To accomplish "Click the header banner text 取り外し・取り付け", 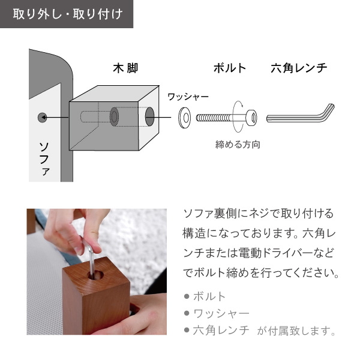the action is (x=68, y=14).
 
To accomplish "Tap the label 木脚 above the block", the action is (x=125, y=68).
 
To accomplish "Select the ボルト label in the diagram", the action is (x=230, y=68).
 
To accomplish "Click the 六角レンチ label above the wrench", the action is (x=299, y=68).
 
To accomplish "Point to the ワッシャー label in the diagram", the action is (x=188, y=97).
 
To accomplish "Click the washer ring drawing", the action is (x=184, y=118).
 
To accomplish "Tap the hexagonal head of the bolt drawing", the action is (x=251, y=118).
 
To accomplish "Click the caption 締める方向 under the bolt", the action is (x=238, y=145).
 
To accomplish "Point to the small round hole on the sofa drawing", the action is (x=42, y=118).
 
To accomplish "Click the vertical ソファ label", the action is (x=44, y=159).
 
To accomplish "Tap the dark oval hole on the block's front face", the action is (x=149, y=116).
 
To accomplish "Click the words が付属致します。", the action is (x=296, y=331).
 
